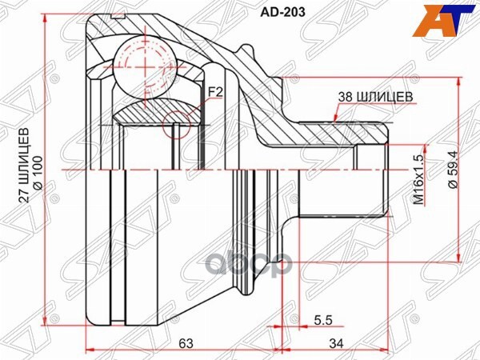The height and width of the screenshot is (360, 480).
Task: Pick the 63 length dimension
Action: coord(185,344)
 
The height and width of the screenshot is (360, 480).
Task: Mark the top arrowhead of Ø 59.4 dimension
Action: coord(459,82)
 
